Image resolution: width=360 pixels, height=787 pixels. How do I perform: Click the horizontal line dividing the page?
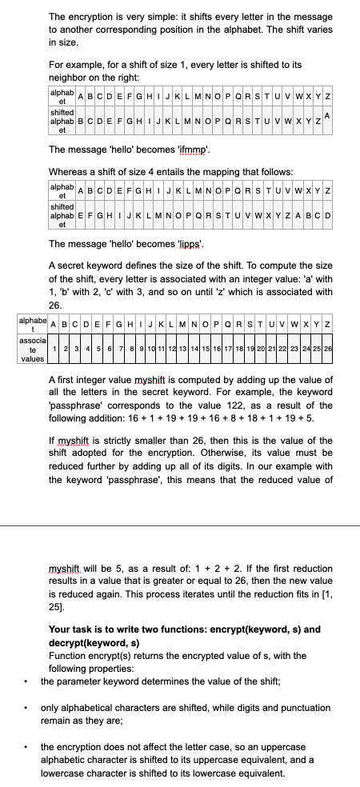[180, 525]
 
